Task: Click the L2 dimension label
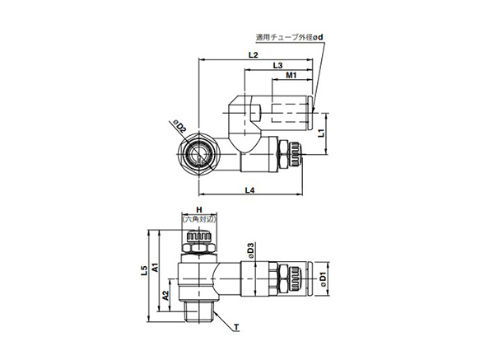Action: click(254, 54)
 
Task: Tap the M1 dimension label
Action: click(291, 76)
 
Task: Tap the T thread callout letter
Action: click(235, 328)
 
